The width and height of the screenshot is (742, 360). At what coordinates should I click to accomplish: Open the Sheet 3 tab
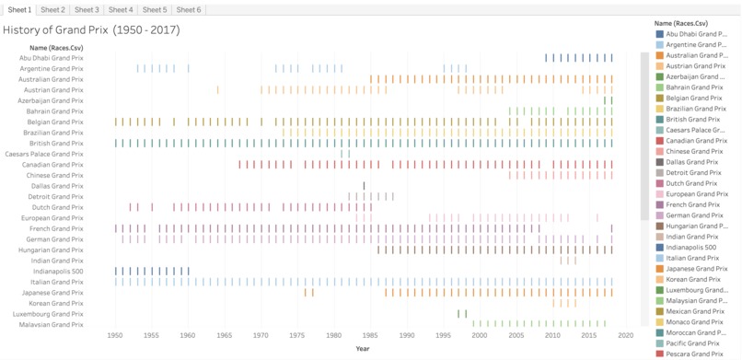tap(87, 9)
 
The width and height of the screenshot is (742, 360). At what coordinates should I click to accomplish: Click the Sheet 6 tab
tap(188, 9)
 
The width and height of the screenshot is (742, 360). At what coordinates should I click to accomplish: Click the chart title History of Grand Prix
tap(91, 29)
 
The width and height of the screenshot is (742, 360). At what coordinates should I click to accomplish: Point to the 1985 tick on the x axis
tap(370, 336)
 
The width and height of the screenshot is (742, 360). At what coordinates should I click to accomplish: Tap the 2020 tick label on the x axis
tap(625, 336)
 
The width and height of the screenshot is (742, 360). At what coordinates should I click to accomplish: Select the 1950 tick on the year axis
tap(116, 336)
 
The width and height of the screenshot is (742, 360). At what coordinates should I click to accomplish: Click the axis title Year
tap(363, 348)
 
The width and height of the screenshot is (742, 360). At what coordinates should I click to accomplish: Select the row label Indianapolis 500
tap(57, 272)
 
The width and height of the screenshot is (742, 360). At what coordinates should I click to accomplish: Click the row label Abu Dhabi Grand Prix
tap(51, 58)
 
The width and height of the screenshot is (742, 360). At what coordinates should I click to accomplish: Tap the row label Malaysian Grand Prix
tap(52, 324)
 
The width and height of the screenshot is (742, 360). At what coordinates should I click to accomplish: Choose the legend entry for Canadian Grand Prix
tap(696, 141)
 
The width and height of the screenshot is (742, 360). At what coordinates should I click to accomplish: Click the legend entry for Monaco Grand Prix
tap(695, 322)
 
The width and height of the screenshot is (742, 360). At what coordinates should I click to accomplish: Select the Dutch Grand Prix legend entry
tap(691, 183)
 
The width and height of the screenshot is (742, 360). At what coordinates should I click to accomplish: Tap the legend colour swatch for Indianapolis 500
tap(660, 248)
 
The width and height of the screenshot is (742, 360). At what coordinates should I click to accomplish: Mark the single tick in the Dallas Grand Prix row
tap(364, 186)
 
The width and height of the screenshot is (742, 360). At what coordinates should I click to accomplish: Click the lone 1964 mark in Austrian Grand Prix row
tap(218, 90)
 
